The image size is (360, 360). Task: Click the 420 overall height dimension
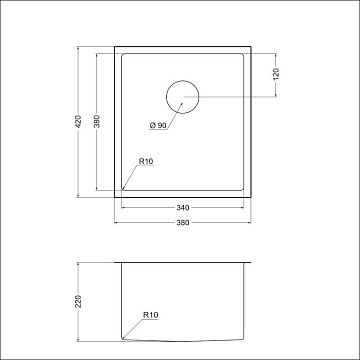(78, 122)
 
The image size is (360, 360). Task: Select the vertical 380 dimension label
(97, 122)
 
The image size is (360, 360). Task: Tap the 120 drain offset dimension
(276, 74)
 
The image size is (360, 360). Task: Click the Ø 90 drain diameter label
(158, 126)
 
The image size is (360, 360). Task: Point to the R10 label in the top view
(146, 162)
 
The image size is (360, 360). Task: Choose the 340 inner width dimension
(182, 208)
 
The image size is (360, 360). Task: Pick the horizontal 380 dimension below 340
(182, 223)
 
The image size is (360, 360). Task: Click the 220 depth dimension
(78, 302)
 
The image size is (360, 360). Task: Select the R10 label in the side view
(151, 315)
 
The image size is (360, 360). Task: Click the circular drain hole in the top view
(183, 80)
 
